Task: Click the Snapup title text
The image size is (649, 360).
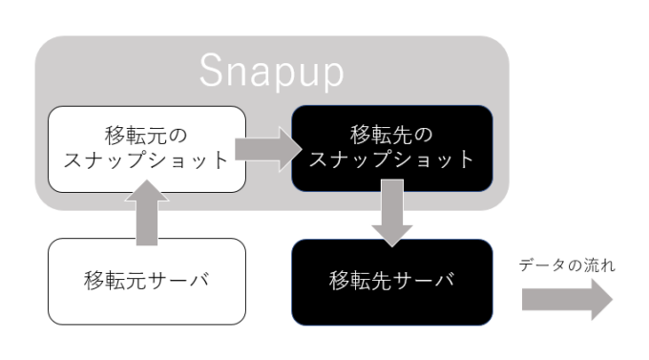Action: [272, 72]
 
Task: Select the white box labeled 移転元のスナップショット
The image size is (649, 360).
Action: [147, 149]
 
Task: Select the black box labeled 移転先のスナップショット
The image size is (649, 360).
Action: [392, 147]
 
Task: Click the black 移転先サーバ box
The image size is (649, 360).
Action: [392, 282]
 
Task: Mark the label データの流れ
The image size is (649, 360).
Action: [567, 265]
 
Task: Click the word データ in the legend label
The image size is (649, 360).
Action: [541, 265]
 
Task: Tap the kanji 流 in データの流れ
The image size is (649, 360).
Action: [593, 265]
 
